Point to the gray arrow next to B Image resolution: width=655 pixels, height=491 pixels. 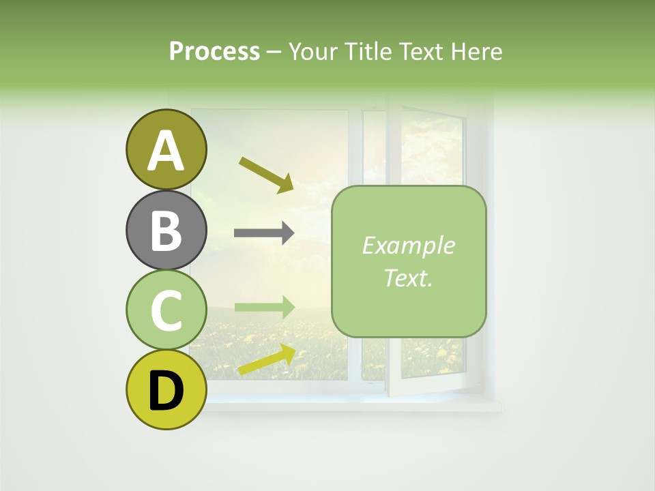pos(263,233)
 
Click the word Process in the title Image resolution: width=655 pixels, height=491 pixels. pos(214,52)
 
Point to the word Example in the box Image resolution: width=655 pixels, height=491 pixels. pos(408,245)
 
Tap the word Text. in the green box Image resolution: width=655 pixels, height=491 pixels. pos(408,278)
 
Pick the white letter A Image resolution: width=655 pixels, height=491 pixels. pos(166,151)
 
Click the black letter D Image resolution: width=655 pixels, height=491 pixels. pos(166,391)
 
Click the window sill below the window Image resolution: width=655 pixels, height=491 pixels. pos(355,406)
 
